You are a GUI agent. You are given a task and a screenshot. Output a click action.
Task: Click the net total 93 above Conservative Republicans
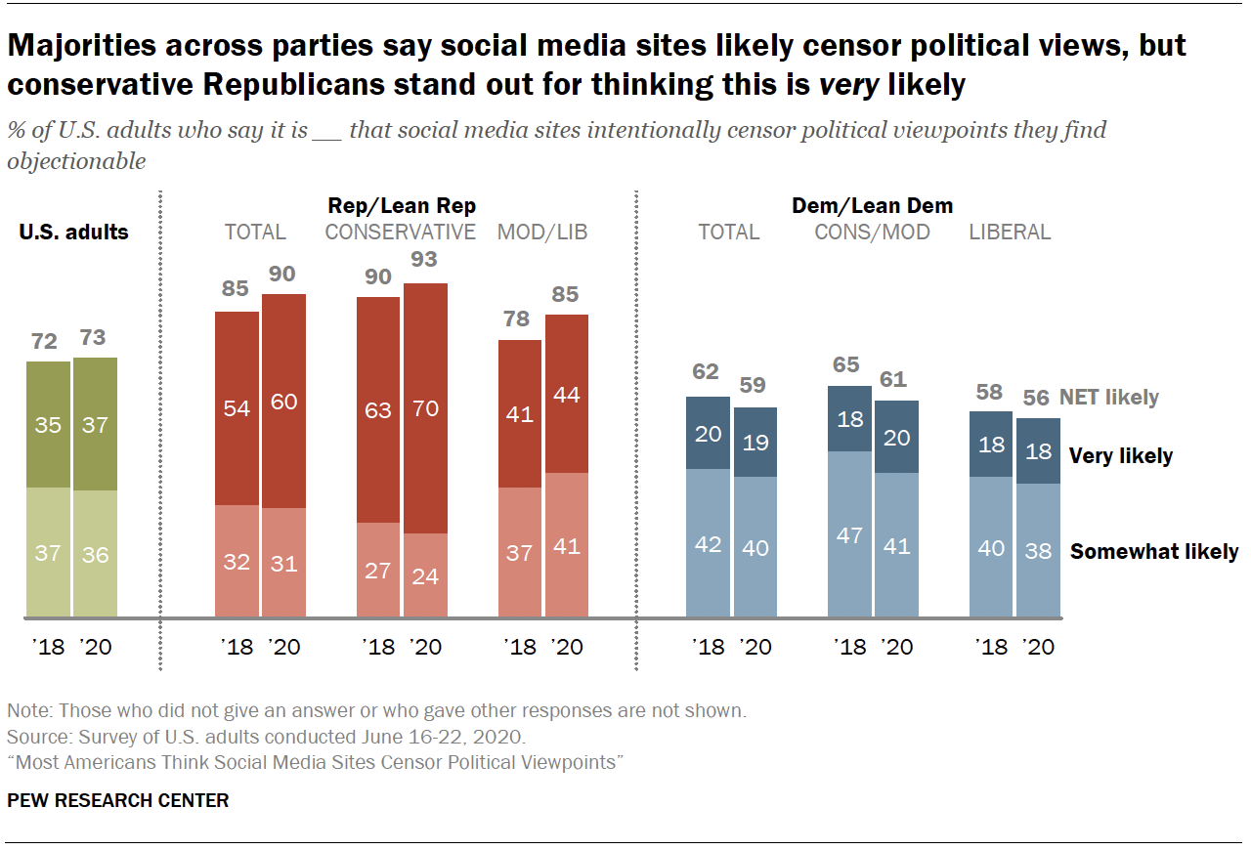424,260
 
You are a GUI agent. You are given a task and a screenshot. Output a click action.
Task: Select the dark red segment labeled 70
425,408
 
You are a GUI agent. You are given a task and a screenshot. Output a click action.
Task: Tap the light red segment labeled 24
425,575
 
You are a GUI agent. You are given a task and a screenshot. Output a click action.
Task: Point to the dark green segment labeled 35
48,424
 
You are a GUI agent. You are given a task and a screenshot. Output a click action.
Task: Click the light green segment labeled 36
95,554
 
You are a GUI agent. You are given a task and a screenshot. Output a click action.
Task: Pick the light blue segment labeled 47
849,534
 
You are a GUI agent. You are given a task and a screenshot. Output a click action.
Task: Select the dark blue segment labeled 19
755,443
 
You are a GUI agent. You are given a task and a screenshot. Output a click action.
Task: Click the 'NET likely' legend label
1108,397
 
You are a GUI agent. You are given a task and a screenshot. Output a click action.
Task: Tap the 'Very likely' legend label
1120,455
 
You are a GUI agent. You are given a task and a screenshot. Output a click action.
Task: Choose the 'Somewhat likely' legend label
1153,552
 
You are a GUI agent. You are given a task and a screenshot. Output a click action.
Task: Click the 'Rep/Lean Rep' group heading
402,205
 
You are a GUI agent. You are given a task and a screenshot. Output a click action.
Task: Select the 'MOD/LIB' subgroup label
542,233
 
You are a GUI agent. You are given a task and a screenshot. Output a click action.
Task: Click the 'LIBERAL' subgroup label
1010,233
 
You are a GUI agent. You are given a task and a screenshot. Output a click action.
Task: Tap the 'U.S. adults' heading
74,233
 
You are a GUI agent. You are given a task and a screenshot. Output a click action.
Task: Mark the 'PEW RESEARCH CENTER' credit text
118,800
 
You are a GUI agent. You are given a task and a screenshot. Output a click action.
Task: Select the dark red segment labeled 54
237,408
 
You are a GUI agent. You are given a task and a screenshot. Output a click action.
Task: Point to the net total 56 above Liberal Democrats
1038,398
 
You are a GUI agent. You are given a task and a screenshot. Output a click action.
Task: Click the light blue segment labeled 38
1038,550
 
